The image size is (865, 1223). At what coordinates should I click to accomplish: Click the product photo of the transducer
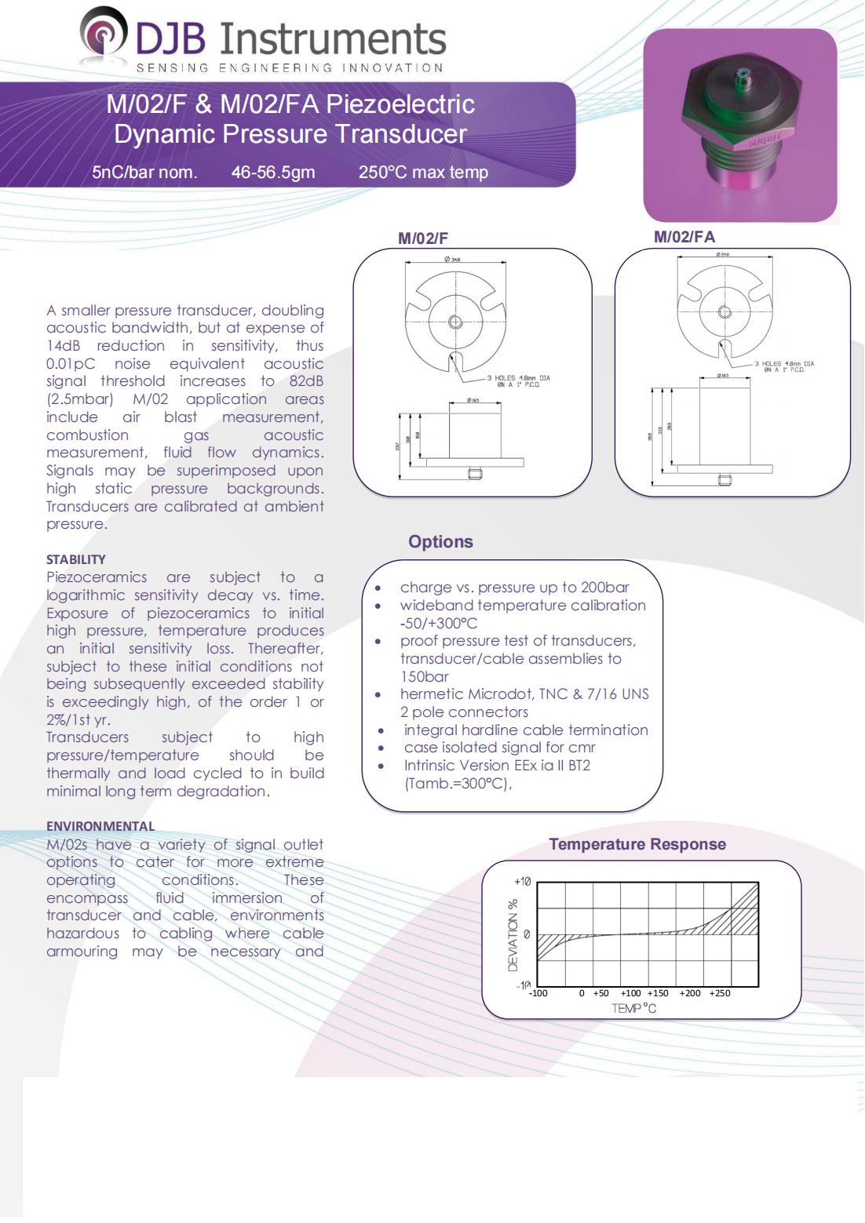tap(739, 126)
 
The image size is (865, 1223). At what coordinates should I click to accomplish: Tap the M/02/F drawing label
tap(422, 238)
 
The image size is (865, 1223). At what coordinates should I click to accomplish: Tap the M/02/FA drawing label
tap(684, 237)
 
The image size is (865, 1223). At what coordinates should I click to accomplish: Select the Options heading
tap(440, 541)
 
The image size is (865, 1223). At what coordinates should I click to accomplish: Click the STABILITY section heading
tap(75, 559)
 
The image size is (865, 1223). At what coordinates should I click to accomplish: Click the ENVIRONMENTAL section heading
tap(100, 826)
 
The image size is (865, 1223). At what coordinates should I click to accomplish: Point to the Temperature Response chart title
tap(637, 844)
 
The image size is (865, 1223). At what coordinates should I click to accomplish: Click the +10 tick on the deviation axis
tap(522, 882)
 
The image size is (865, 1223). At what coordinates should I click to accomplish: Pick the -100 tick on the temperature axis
tap(538, 993)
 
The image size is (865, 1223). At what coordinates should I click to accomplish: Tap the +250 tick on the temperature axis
tap(719, 993)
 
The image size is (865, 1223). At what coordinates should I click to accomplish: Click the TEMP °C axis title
tap(633, 1008)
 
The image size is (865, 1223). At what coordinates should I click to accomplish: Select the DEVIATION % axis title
tap(513, 934)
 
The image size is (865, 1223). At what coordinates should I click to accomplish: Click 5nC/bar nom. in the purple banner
tap(144, 173)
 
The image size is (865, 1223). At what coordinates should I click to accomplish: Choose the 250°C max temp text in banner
tap(423, 173)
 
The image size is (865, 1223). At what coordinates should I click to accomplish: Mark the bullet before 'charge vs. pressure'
tap(379, 588)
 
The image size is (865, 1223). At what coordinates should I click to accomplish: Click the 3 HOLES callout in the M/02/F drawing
tap(518, 381)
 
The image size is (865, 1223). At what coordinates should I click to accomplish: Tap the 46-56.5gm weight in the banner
tap(273, 173)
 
